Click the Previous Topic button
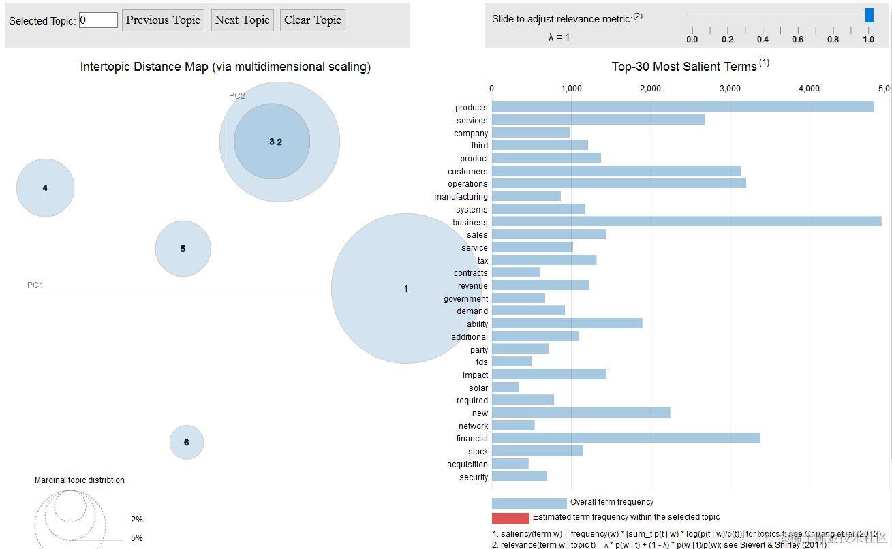coord(163,20)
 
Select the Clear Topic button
coord(313,20)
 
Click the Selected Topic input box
coord(98,20)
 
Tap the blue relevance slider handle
coord(869,15)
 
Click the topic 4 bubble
coord(45,188)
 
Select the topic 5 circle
coord(183,249)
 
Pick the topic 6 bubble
coord(186,442)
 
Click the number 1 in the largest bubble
coord(406,289)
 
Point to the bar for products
coord(682,107)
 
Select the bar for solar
coord(505,388)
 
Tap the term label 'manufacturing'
coord(461,197)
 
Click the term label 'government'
coord(465,298)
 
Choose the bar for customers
coord(616,171)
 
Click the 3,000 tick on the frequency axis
coord(730,89)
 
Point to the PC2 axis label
coord(236,96)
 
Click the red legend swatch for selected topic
coord(510,518)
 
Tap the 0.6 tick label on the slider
coord(797,40)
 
